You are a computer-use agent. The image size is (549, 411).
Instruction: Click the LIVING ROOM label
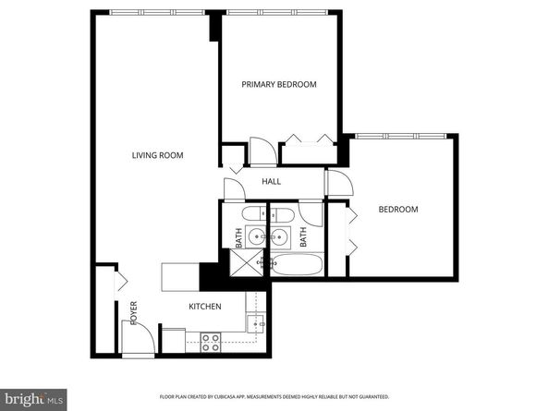[x=157, y=155]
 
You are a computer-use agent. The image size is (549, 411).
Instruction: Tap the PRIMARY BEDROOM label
[x=278, y=84]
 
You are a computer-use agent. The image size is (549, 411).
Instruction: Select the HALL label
[x=271, y=181]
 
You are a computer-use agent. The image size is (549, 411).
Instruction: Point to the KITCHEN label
[x=204, y=307]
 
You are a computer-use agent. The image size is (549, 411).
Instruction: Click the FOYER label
[x=133, y=313]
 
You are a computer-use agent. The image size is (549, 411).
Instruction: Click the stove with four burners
[x=210, y=343]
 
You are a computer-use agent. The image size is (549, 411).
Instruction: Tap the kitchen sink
[x=258, y=323]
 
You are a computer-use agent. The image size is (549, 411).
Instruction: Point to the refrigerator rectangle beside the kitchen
[x=181, y=277]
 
